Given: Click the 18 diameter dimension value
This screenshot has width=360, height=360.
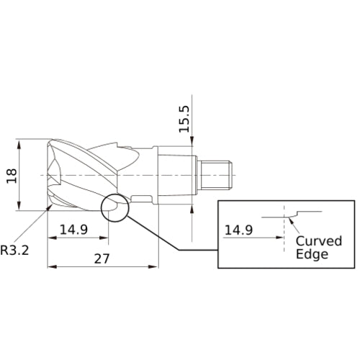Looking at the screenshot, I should coord(11,175).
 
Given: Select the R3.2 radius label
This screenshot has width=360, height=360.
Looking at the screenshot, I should coord(14,251).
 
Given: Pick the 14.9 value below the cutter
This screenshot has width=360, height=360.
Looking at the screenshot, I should coord(74,230).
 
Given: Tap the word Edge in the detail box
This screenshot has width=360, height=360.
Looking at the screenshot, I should coord(312,254).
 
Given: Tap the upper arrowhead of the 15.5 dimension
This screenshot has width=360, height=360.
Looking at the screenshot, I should coord(193,142).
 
